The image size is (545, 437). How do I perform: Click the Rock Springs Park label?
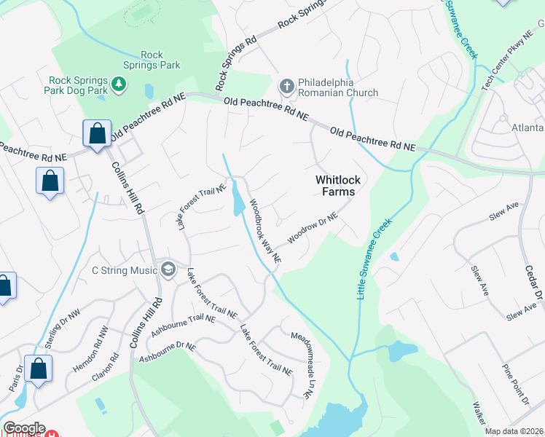[160, 60]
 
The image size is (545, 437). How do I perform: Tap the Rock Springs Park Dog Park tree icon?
[118, 85]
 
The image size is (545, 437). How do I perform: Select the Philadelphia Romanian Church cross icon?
[286, 87]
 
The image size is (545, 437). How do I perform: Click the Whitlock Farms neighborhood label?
[335, 186]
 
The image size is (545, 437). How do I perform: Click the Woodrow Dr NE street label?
[313, 228]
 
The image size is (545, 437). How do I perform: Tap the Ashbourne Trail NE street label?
[183, 325]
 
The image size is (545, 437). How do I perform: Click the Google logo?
[25, 428]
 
